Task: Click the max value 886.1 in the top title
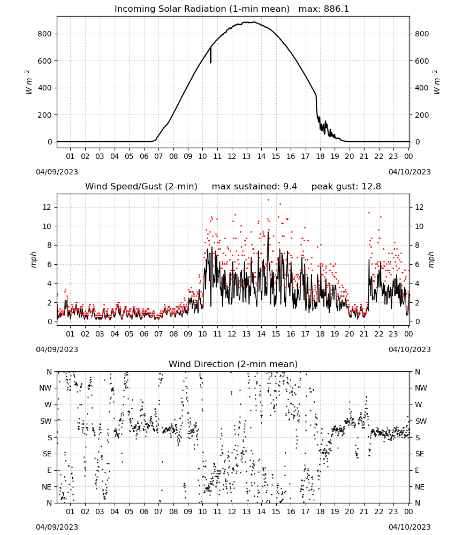click(336, 9)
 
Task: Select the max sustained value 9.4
click(290, 187)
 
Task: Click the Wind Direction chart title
click(233, 364)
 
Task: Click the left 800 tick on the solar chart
click(45, 34)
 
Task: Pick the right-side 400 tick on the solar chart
click(422, 88)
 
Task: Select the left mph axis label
click(33, 259)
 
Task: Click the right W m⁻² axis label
click(437, 82)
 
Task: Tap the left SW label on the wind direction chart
click(46, 421)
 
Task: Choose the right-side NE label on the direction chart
click(420, 487)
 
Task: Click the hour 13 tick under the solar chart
click(246, 157)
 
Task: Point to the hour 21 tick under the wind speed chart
click(364, 334)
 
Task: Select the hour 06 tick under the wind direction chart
click(144, 511)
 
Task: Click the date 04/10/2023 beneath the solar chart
click(409, 172)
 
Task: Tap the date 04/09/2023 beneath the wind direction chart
click(57, 527)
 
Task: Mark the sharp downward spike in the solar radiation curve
click(210, 55)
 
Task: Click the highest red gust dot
click(268, 200)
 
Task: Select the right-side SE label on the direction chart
click(420, 454)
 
